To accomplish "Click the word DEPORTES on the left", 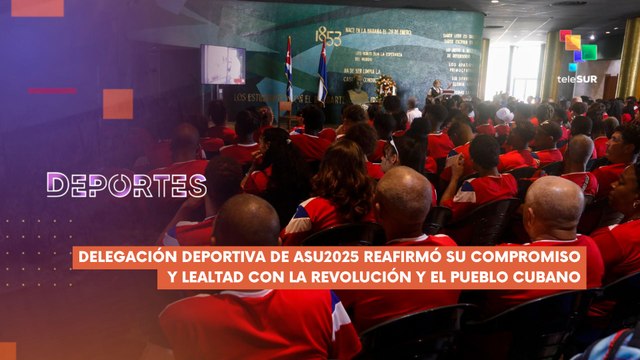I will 126,185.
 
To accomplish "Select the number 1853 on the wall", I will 328,37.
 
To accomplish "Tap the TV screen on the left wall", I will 223,64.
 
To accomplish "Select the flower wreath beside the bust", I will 385,87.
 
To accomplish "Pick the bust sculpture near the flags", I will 357,95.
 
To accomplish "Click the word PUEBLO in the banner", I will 486,277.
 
